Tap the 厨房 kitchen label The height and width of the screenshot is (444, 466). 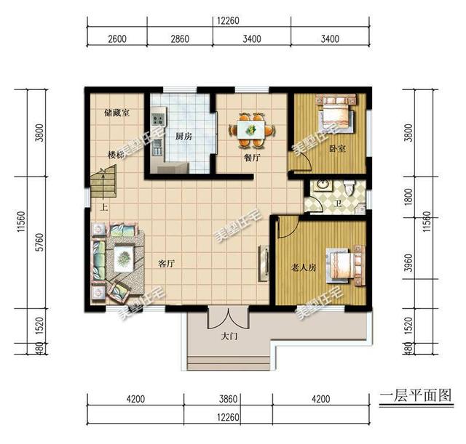tap(183, 136)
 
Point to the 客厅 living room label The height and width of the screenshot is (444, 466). tap(166, 263)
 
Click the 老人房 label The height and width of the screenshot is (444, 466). tap(304, 267)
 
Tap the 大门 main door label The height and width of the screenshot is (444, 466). tap(229, 336)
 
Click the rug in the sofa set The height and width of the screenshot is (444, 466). tap(122, 257)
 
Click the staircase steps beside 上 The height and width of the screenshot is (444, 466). tap(103, 185)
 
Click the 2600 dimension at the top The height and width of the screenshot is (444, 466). tap(116, 39)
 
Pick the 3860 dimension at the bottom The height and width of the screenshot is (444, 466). tap(229, 398)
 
